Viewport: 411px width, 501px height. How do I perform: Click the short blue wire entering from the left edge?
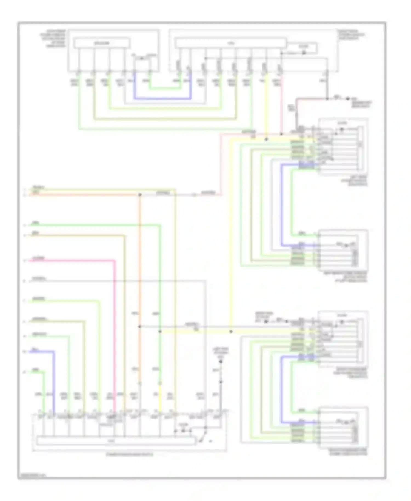(x=41, y=351)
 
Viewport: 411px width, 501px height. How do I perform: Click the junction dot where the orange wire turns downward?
(x=140, y=195)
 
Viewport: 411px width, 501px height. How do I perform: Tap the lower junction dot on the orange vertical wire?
(x=140, y=326)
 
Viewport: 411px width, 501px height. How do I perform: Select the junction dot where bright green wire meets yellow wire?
(x=160, y=331)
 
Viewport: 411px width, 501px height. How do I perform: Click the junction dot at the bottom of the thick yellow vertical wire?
(x=231, y=331)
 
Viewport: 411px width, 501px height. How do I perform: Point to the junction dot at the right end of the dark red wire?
(x=327, y=98)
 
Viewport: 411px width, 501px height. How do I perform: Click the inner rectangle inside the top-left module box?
(x=101, y=43)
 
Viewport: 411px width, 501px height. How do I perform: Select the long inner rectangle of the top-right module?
(x=230, y=43)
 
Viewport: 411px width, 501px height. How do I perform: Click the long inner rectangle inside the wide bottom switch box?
(x=116, y=441)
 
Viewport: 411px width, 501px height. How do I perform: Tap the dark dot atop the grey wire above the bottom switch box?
(x=221, y=361)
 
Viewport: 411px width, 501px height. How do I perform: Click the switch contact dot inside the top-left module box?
(x=142, y=58)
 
